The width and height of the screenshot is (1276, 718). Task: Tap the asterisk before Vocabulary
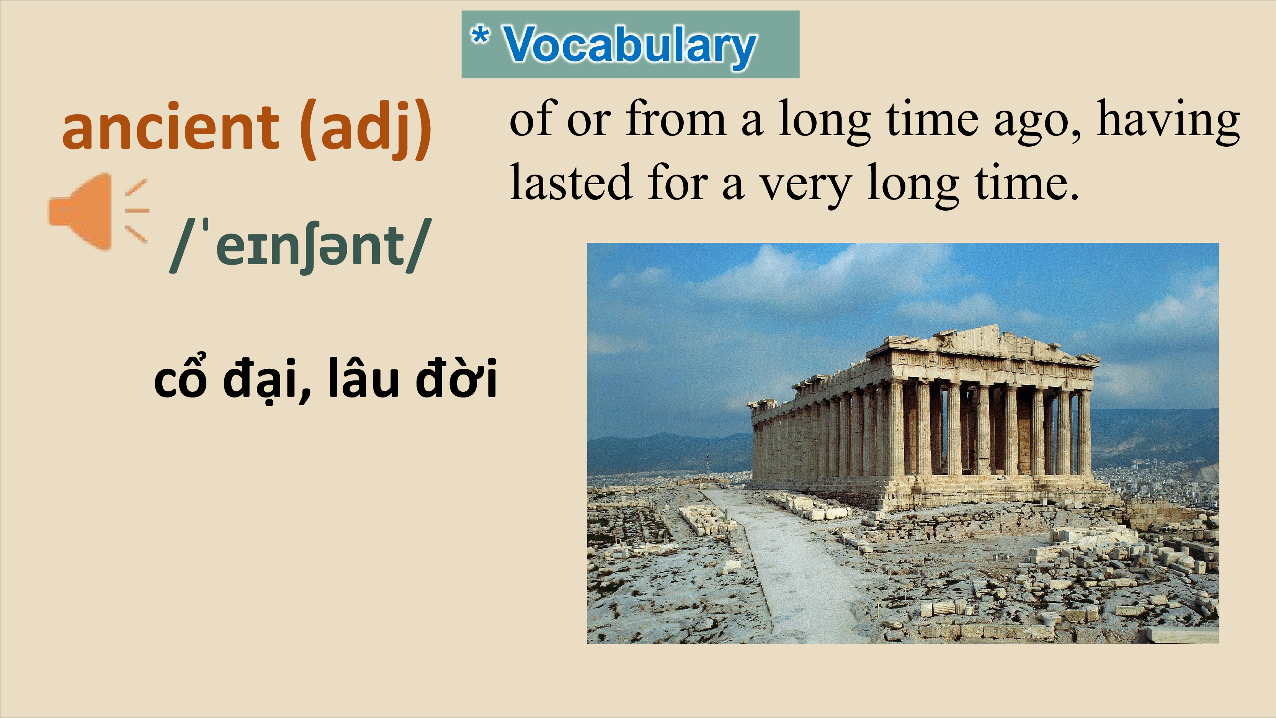(480, 35)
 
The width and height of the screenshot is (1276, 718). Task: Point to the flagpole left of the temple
(708, 455)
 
